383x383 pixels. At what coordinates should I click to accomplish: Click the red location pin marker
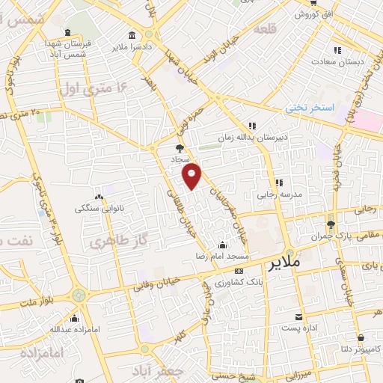coord(192,175)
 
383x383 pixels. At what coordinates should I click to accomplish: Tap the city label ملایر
coord(283,264)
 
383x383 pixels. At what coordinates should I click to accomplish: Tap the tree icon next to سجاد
coord(179,148)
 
